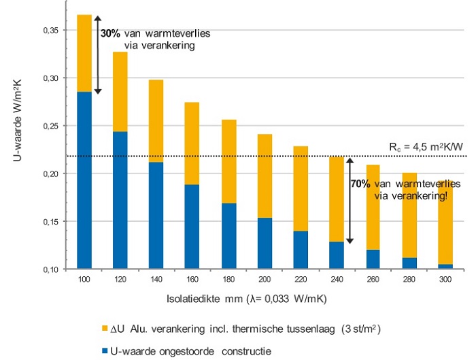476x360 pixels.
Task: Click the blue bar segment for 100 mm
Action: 84,180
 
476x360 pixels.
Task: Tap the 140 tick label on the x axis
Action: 156,279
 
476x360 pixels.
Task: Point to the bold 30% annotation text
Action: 111,32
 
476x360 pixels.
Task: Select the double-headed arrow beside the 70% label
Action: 350,200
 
